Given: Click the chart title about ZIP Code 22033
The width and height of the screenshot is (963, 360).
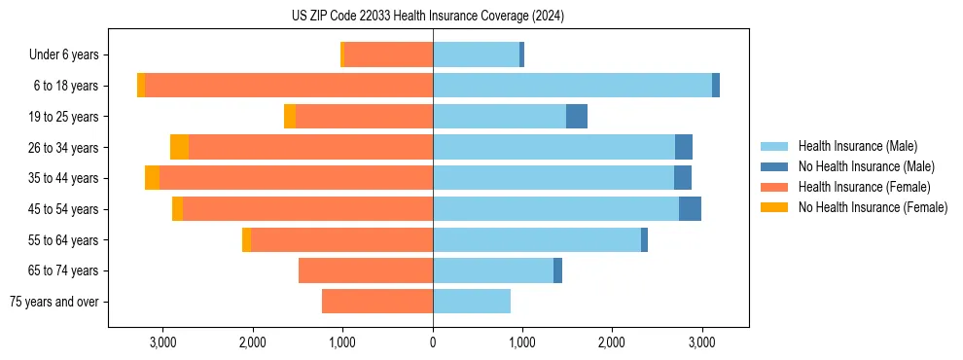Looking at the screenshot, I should [428, 17].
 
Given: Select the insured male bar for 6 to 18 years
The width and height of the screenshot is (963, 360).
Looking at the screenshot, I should [572, 86].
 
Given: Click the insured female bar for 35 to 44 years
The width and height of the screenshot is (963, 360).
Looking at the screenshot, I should [296, 178].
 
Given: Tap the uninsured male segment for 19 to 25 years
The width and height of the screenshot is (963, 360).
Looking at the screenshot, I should [577, 117].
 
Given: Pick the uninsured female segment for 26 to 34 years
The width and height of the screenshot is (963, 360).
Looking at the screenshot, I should [179, 147].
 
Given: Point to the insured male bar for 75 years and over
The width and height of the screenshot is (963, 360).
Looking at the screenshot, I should [472, 302].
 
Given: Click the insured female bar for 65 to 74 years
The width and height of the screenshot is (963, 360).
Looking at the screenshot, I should [366, 270].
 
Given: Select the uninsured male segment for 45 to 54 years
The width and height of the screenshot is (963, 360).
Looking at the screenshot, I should [690, 209].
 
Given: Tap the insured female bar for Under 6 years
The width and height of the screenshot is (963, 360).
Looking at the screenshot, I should [389, 54].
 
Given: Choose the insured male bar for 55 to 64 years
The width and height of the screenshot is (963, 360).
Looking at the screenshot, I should [537, 240].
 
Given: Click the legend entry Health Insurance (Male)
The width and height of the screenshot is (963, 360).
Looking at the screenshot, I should [857, 146].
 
